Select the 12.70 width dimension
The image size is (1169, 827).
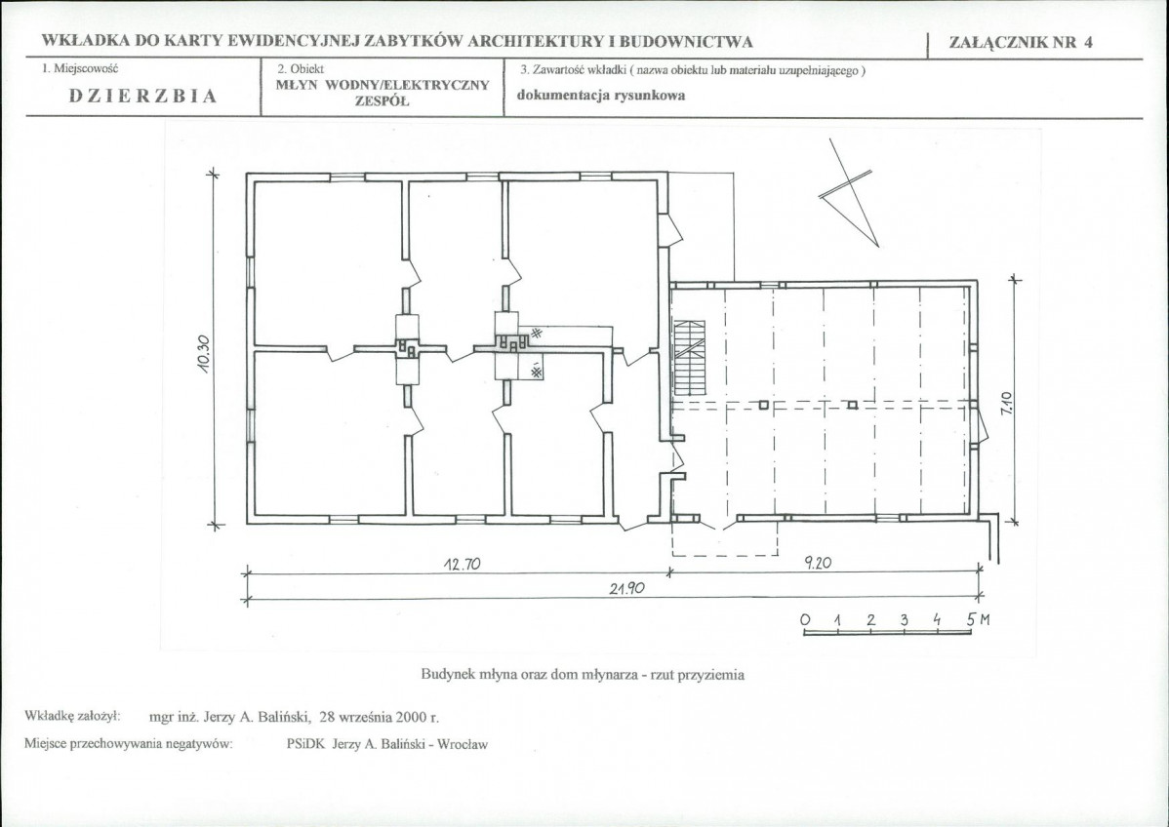[x=463, y=564]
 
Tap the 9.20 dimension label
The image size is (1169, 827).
[x=818, y=564]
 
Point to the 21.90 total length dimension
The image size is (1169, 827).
[x=626, y=589]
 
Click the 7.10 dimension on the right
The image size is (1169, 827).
[x=1006, y=404]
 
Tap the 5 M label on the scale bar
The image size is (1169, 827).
[x=979, y=619]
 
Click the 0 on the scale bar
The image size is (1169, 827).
[x=804, y=620]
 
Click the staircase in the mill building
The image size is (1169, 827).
[x=689, y=358]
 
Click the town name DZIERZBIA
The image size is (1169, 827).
[x=143, y=97]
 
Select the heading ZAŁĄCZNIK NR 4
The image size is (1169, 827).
[x=1021, y=43]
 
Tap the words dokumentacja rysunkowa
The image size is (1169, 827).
[x=601, y=96]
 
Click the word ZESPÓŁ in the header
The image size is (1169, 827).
[x=382, y=101]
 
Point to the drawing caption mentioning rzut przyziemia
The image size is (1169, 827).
[x=583, y=675]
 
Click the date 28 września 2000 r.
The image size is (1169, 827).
[x=380, y=718]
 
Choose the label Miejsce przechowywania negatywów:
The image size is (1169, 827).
[x=129, y=743]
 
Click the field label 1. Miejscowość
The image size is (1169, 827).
[x=80, y=68]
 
